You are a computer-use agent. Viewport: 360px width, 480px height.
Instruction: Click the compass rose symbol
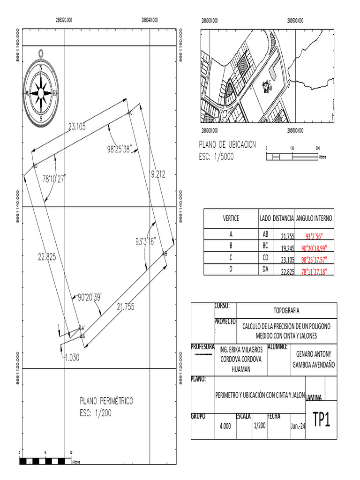click(41, 93)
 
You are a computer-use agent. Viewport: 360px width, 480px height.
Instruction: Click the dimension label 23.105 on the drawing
click(77, 126)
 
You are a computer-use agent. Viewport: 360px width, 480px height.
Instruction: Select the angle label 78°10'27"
click(54, 178)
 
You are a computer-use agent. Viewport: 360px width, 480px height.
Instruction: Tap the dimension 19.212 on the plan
click(157, 174)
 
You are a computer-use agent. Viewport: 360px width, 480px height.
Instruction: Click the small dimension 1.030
click(72, 356)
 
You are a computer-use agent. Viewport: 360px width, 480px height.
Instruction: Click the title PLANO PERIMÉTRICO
click(106, 401)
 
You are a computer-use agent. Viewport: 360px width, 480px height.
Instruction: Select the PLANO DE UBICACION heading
click(228, 144)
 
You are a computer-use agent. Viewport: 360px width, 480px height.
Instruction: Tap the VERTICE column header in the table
click(231, 218)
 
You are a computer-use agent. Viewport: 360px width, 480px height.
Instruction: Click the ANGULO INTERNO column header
click(314, 218)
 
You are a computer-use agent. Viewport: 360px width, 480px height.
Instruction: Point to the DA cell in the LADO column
click(265, 269)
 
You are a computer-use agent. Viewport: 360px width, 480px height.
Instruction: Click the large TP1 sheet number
click(322, 420)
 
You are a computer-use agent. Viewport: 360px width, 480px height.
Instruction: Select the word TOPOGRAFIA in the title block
click(286, 310)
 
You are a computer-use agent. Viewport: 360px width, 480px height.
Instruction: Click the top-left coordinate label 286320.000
click(64, 21)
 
